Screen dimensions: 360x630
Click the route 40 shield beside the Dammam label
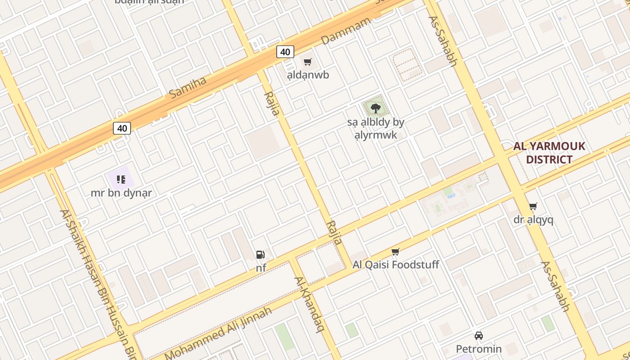285,52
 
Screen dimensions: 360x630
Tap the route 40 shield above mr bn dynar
121,128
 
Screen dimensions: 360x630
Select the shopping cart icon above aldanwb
308,62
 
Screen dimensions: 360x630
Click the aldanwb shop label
308,75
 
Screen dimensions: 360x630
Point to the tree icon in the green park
375,108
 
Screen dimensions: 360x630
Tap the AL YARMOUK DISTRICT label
549,153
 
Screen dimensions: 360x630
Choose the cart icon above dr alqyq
533,207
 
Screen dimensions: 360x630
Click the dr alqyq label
533,220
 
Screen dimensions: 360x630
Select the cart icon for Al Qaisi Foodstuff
395,252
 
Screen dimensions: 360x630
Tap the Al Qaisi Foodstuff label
396,265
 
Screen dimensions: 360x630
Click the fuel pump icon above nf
261,255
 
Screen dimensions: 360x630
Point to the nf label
261,268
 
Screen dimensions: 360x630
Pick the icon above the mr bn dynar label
121,180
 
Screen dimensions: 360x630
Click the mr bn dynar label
121,193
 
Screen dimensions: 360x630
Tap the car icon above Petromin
479,336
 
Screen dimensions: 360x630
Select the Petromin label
479,349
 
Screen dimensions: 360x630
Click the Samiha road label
188,87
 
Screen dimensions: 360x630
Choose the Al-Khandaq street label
309,304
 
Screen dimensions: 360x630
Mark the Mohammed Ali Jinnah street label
218,333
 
